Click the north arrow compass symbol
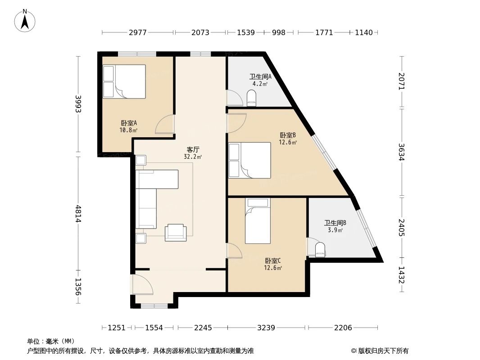(25, 21)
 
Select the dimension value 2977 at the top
(138, 32)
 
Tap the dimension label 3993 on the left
(78, 104)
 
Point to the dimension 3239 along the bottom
(266, 328)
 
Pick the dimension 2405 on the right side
(402, 228)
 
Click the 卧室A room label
(129, 123)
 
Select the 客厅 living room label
(193, 149)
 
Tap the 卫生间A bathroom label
(260, 77)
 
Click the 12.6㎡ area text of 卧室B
(288, 142)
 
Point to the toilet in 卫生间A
(252, 98)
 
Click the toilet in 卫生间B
(320, 250)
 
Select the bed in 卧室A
(124, 81)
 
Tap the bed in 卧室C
(258, 221)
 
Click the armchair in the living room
(176, 233)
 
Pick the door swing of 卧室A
(165, 125)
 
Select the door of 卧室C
(234, 251)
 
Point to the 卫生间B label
(335, 223)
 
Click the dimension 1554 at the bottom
(154, 328)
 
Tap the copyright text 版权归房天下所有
(383, 351)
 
